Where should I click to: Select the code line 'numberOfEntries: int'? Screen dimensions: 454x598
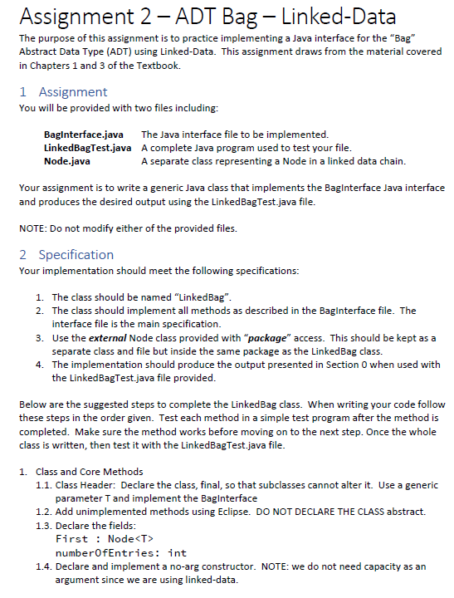120,551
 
